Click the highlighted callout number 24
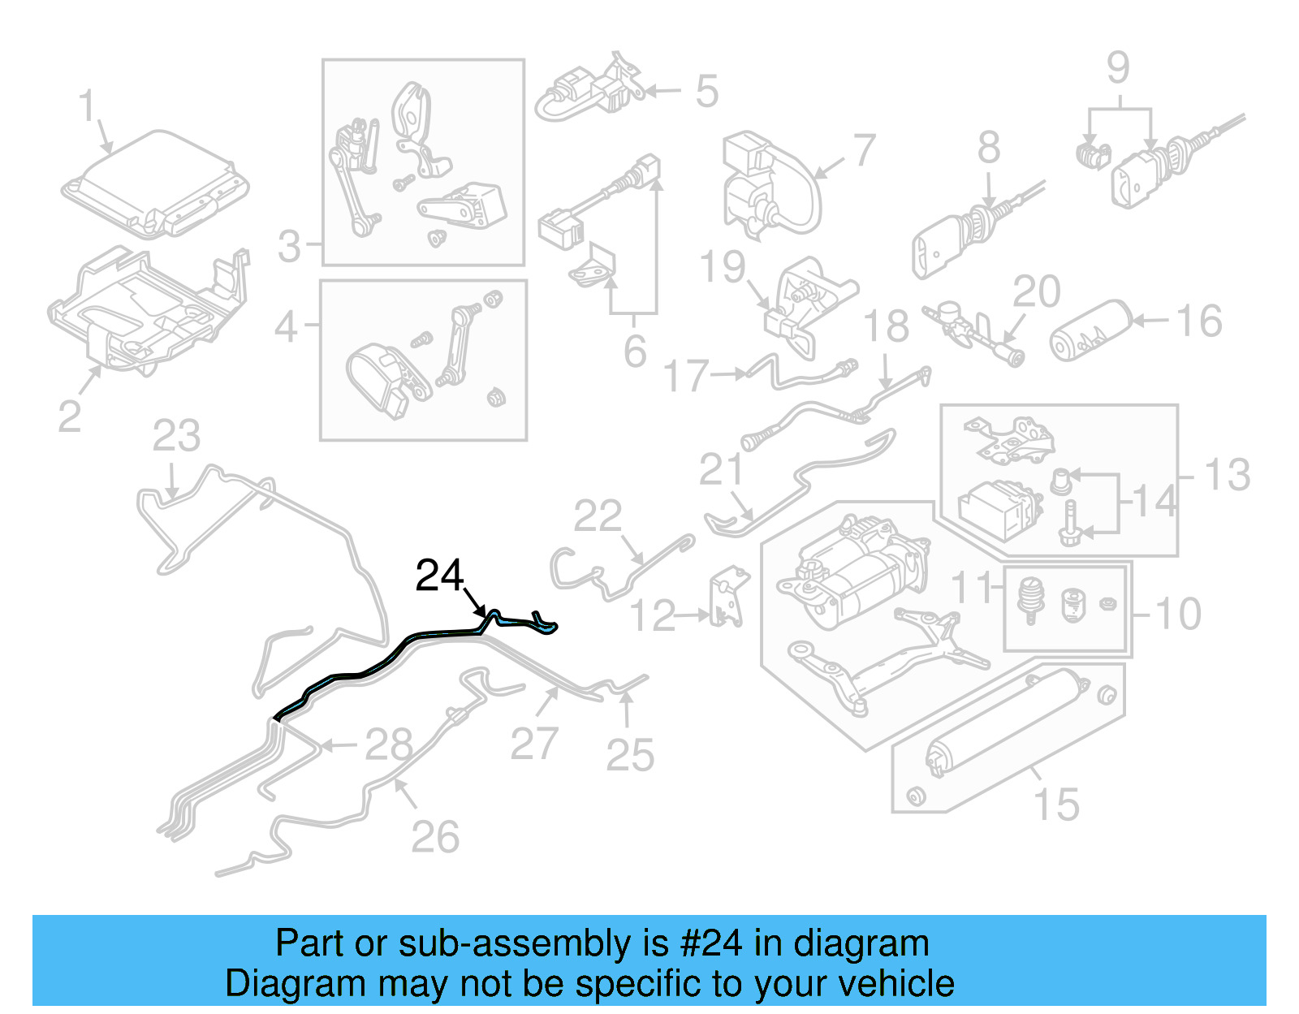coord(439,576)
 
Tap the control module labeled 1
coord(154,184)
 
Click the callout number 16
coord(1199,321)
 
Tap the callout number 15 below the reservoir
coord(1056,805)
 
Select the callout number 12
coord(652,616)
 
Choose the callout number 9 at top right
coord(1118,67)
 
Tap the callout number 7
coord(864,151)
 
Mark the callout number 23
coord(176,437)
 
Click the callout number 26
coord(435,837)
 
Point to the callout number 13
coord(1227,475)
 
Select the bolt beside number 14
coord(1069,520)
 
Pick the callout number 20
coord(1037,291)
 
